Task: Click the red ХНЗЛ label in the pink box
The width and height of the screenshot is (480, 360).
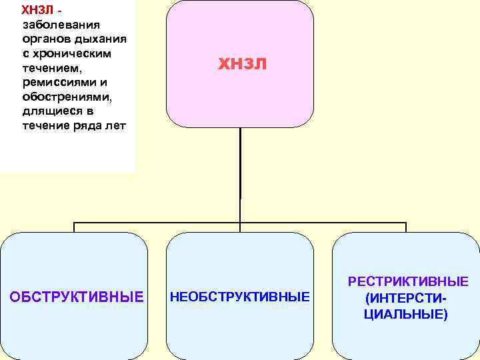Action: coord(242,64)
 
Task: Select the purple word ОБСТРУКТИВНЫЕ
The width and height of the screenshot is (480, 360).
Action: coord(77,297)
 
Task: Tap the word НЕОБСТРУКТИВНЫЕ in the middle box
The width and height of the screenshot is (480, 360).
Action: coord(240,297)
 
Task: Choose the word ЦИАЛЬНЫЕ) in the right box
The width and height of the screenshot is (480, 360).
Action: coord(406,313)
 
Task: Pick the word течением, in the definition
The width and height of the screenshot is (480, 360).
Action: coord(50,68)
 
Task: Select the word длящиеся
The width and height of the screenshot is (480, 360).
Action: coord(50,112)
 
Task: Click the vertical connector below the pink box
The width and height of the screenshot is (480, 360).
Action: coord(240,173)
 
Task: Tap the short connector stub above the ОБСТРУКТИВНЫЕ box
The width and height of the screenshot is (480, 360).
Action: coord(74,227)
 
